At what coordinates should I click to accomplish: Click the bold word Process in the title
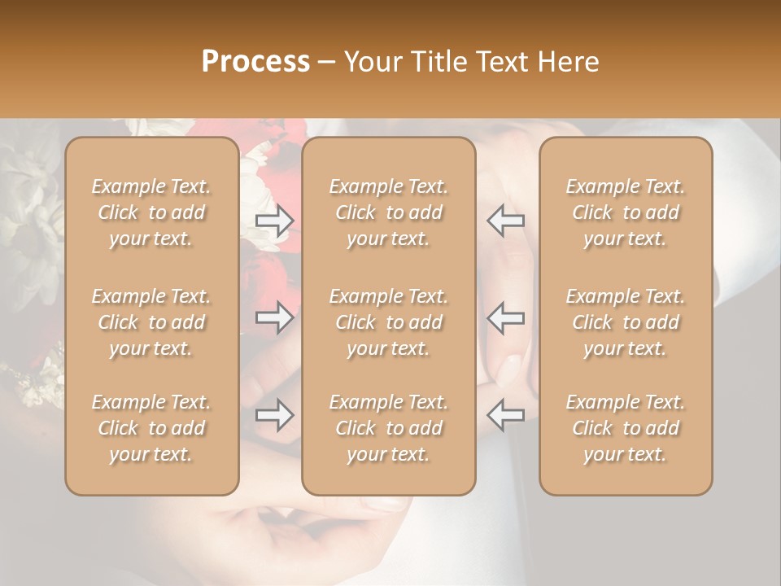click(x=255, y=62)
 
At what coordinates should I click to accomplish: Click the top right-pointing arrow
click(x=274, y=221)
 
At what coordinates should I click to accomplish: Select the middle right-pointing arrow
click(x=274, y=317)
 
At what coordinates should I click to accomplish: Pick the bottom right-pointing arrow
click(x=274, y=415)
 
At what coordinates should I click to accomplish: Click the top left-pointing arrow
click(x=505, y=221)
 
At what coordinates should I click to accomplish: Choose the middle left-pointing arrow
click(x=505, y=317)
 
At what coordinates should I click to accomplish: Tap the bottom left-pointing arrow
click(x=505, y=415)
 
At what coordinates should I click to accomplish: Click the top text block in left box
click(x=151, y=212)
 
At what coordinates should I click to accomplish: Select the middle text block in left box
click(x=151, y=322)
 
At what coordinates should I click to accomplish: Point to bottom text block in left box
click(x=151, y=428)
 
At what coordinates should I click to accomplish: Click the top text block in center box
click(x=388, y=212)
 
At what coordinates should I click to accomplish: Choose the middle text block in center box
click(x=388, y=322)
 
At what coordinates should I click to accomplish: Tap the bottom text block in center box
click(x=388, y=428)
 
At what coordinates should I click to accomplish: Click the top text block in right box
click(x=625, y=212)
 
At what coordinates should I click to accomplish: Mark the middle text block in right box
click(x=625, y=322)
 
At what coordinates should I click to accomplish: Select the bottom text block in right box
click(x=625, y=428)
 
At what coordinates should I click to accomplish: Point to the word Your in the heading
click(x=371, y=62)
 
